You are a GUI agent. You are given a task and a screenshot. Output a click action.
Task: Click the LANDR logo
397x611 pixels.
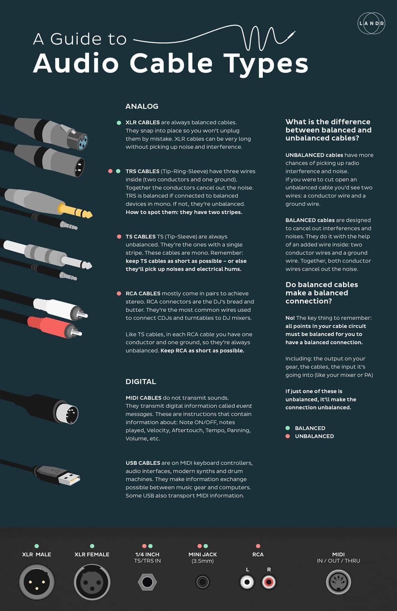click(x=371, y=23)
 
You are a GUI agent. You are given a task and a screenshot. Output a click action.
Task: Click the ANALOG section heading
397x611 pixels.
click(x=142, y=106)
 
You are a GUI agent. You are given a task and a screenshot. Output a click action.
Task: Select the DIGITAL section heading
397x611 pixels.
click(x=141, y=381)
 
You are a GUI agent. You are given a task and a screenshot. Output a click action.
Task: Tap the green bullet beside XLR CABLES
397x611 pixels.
click(x=119, y=123)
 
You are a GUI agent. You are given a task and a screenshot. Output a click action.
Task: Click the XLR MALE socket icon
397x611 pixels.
click(x=36, y=582)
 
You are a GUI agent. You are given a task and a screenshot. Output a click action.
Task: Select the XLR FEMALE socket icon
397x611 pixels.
click(x=92, y=582)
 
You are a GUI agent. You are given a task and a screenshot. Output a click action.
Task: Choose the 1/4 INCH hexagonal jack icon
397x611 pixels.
click(x=147, y=582)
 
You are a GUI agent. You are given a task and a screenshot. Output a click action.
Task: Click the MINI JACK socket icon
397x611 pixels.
click(x=202, y=582)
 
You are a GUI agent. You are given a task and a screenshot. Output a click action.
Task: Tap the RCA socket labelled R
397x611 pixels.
click(x=269, y=582)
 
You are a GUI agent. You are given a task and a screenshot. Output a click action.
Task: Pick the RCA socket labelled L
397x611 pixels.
click(x=247, y=582)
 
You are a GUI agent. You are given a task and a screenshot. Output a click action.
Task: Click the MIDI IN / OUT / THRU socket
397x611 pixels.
click(x=339, y=582)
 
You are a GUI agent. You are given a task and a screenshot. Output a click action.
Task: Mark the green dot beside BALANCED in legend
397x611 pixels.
click(x=288, y=428)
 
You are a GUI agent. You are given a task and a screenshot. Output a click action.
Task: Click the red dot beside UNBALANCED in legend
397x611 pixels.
click(x=288, y=436)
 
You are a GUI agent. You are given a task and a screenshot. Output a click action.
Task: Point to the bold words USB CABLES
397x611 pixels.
click(x=143, y=463)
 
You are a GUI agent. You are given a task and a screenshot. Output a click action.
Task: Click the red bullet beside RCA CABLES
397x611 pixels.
click(x=119, y=294)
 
